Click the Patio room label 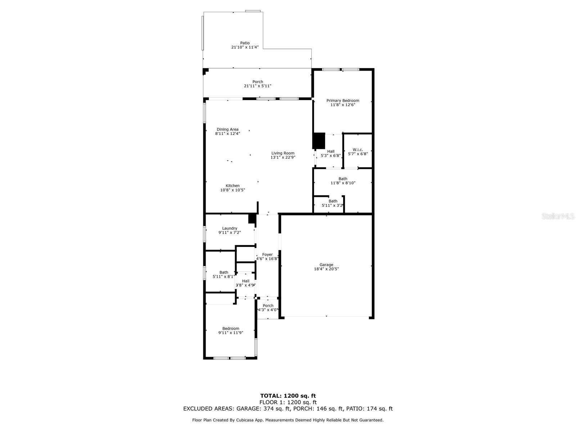(245, 43)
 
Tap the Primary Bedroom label (343, 101)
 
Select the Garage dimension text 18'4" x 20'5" (326, 269)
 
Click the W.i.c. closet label (357, 149)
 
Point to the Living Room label (283, 153)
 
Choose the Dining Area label (228, 130)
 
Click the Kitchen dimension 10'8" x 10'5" (233, 190)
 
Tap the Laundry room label (230, 228)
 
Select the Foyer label (267, 255)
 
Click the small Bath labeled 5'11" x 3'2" (333, 201)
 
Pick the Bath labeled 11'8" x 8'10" (343, 179)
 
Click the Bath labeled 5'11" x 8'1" (224, 273)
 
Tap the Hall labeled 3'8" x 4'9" (246, 281)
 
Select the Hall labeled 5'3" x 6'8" (330, 152)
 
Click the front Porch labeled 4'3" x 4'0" (268, 306)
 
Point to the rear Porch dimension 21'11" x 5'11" (257, 86)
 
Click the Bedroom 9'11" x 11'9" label (231, 328)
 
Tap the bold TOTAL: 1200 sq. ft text (288, 396)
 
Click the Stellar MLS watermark (558, 216)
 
